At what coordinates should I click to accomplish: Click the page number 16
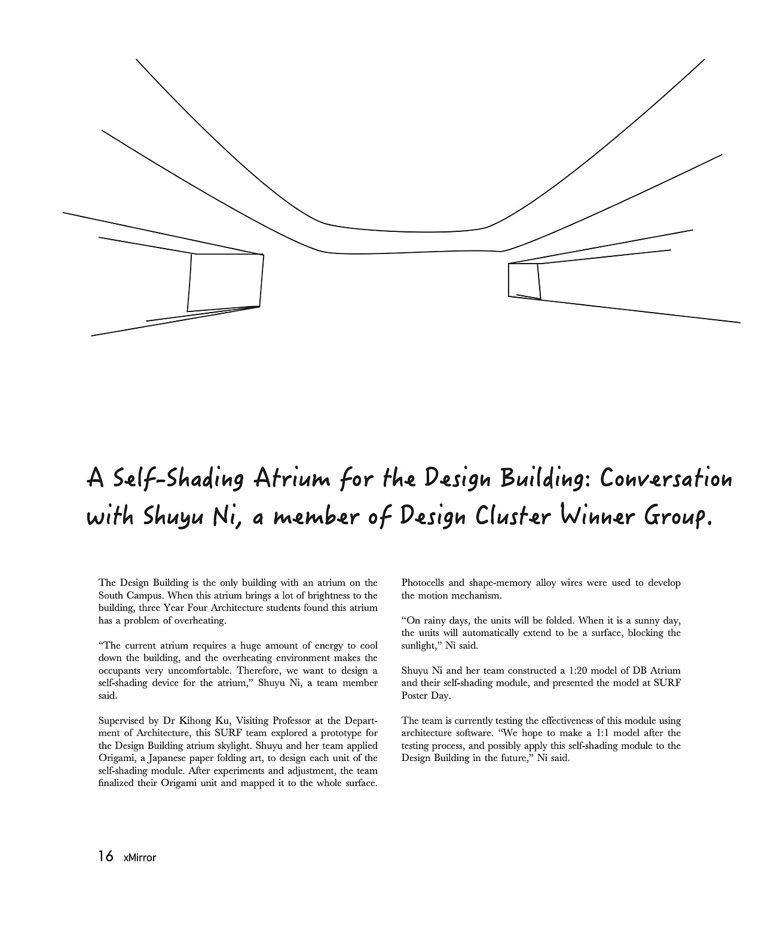105,857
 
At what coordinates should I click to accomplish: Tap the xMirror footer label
139,858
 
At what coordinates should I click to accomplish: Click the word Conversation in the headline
666,479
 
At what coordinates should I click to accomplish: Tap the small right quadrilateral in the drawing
524,280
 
